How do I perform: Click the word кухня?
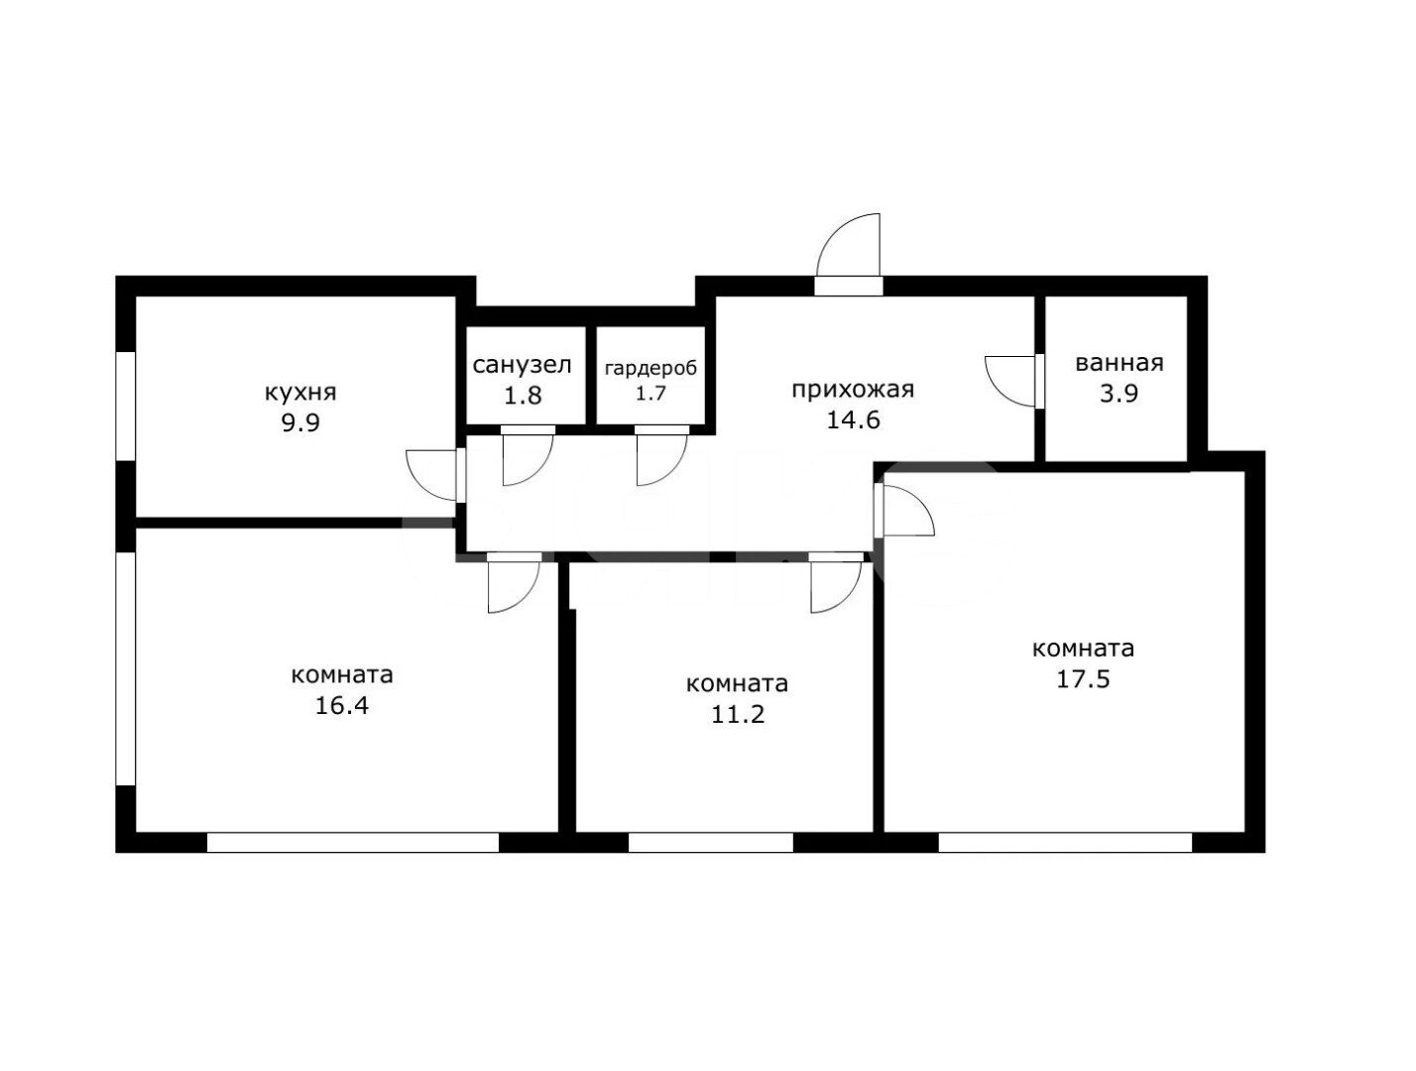coord(300,393)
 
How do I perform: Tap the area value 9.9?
coord(300,423)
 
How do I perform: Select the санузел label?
coord(522,365)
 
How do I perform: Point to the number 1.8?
coord(522,395)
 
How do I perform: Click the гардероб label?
coord(650,368)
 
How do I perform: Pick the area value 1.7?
coord(650,393)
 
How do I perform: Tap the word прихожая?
coord(853,391)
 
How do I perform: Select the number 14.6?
coord(853,420)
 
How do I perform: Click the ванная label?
coord(1120,363)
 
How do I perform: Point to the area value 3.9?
coord(1120,393)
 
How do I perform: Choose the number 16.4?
coord(341,706)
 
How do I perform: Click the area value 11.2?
coord(738,714)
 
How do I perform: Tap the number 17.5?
coord(1083,679)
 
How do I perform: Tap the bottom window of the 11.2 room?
coord(710,843)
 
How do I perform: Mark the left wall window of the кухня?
coord(125,406)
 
